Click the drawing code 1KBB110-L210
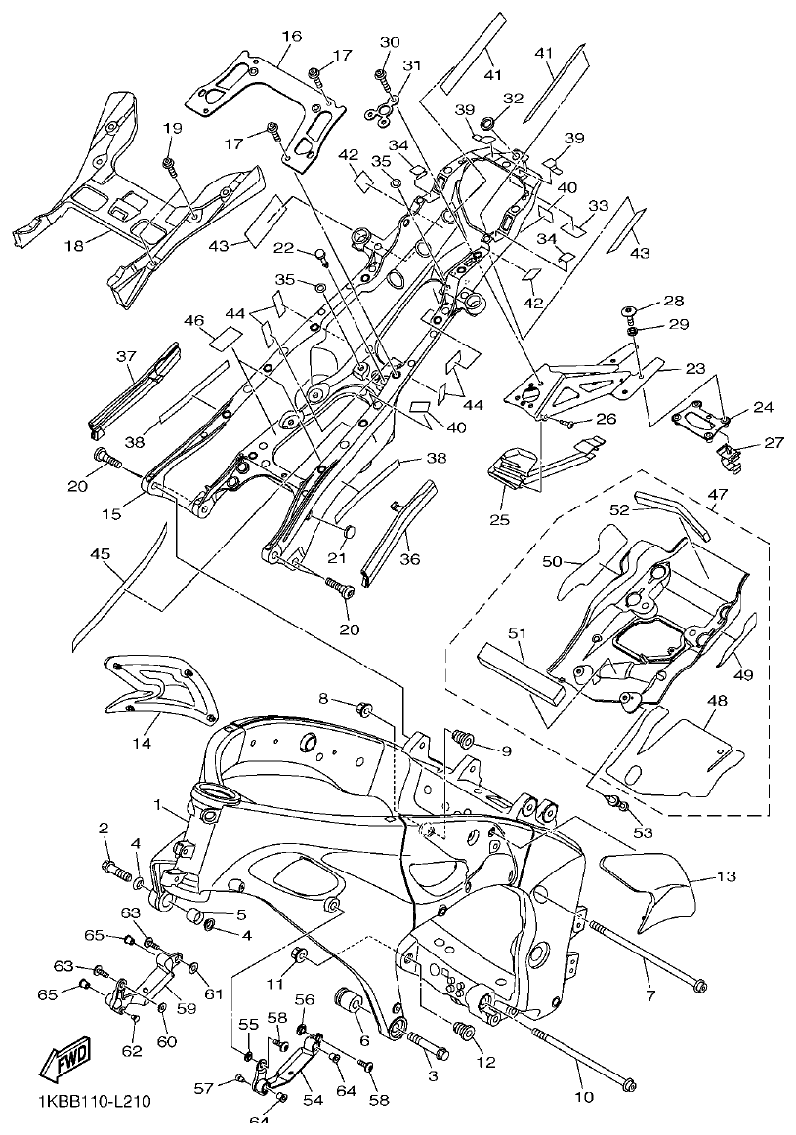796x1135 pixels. coord(94,1102)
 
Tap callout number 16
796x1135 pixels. coord(291,36)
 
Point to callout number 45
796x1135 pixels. coord(100,554)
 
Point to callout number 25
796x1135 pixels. coord(499,519)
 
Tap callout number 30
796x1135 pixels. coord(390,42)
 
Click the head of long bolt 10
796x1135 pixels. coord(630,1083)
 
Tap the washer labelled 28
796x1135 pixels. coord(631,311)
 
